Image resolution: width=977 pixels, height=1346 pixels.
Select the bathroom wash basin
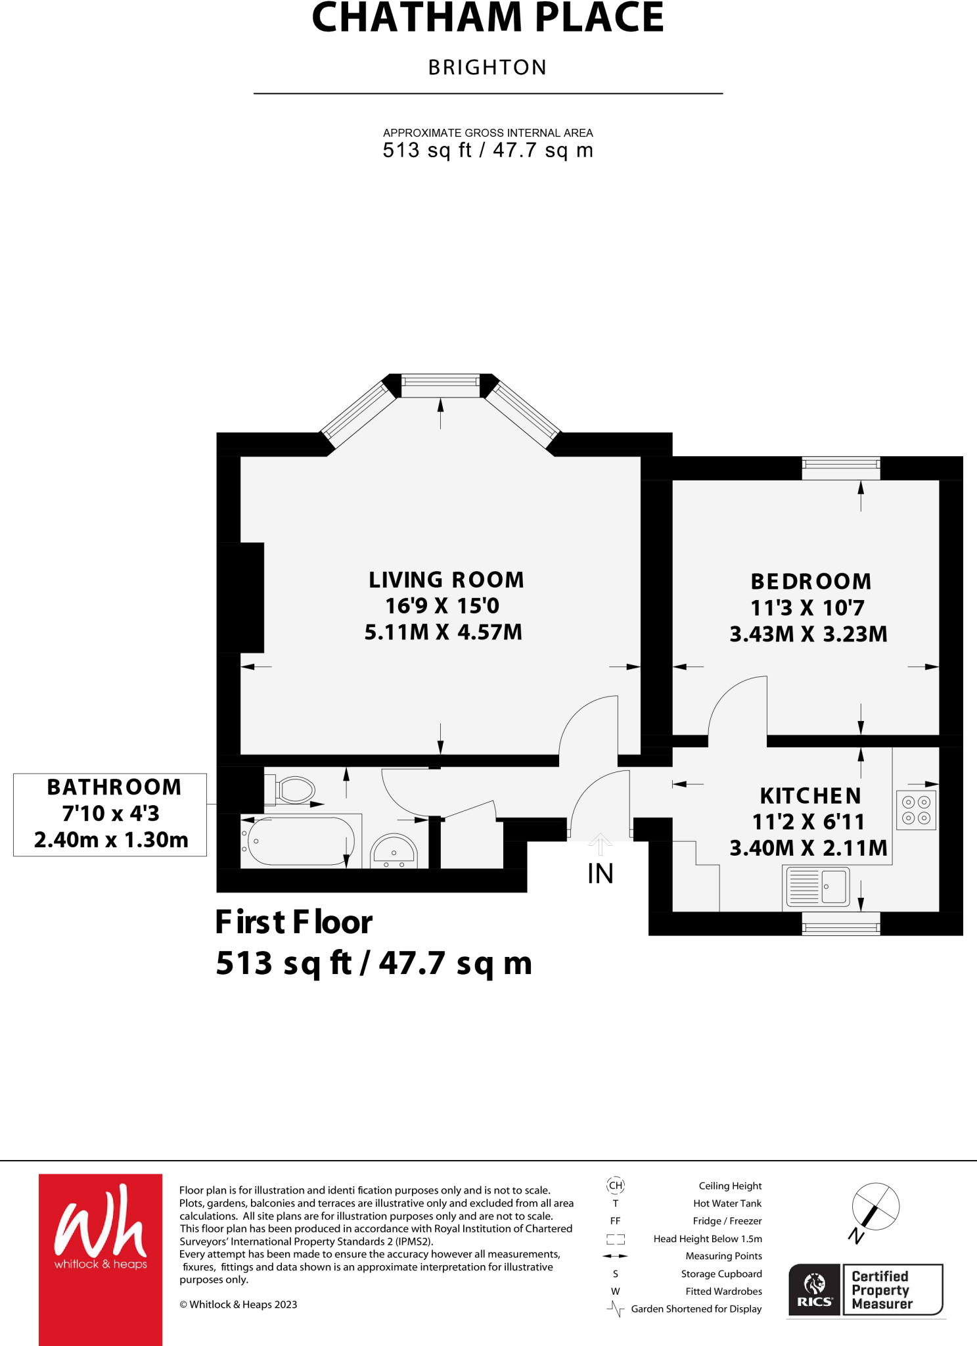394,852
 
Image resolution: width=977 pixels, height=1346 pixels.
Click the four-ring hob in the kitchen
916,810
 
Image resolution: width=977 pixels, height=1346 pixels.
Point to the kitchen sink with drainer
817,886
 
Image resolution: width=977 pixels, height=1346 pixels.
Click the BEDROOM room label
811,582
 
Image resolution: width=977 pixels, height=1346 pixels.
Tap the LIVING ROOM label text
446,580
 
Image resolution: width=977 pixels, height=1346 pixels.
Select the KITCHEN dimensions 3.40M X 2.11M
808,848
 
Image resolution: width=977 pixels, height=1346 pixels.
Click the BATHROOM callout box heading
114,787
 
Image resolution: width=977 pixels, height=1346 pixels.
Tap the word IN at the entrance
600,873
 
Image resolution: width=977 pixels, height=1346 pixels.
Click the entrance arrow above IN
600,843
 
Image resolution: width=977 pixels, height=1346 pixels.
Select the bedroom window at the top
840,468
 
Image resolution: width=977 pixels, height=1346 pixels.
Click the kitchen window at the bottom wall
840,923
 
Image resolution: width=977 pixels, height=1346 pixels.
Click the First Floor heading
294,921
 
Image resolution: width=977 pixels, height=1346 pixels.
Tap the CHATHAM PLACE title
488,18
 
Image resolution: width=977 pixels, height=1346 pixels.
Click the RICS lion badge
815,1289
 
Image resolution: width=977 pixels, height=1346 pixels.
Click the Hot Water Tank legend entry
727,1203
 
